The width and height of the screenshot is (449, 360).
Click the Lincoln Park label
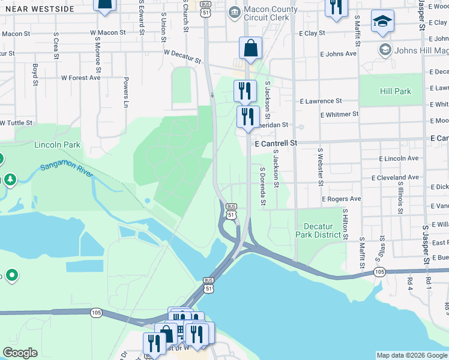click(x=57, y=145)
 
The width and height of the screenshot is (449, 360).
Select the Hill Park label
click(x=395, y=91)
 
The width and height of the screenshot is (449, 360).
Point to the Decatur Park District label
click(x=322, y=230)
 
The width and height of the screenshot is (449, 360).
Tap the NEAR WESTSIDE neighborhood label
click(x=37, y=9)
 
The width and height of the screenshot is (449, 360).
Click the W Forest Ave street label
click(x=80, y=77)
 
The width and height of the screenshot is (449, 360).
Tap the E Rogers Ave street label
click(x=341, y=199)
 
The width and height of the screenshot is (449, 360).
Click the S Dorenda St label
click(x=262, y=186)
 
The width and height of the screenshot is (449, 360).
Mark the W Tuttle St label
click(x=16, y=122)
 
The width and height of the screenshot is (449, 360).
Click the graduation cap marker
click(x=382, y=22)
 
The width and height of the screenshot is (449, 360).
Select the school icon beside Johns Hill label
click(x=385, y=49)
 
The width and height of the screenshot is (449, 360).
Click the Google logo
click(x=20, y=353)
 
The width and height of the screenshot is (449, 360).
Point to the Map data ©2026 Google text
click(x=411, y=355)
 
